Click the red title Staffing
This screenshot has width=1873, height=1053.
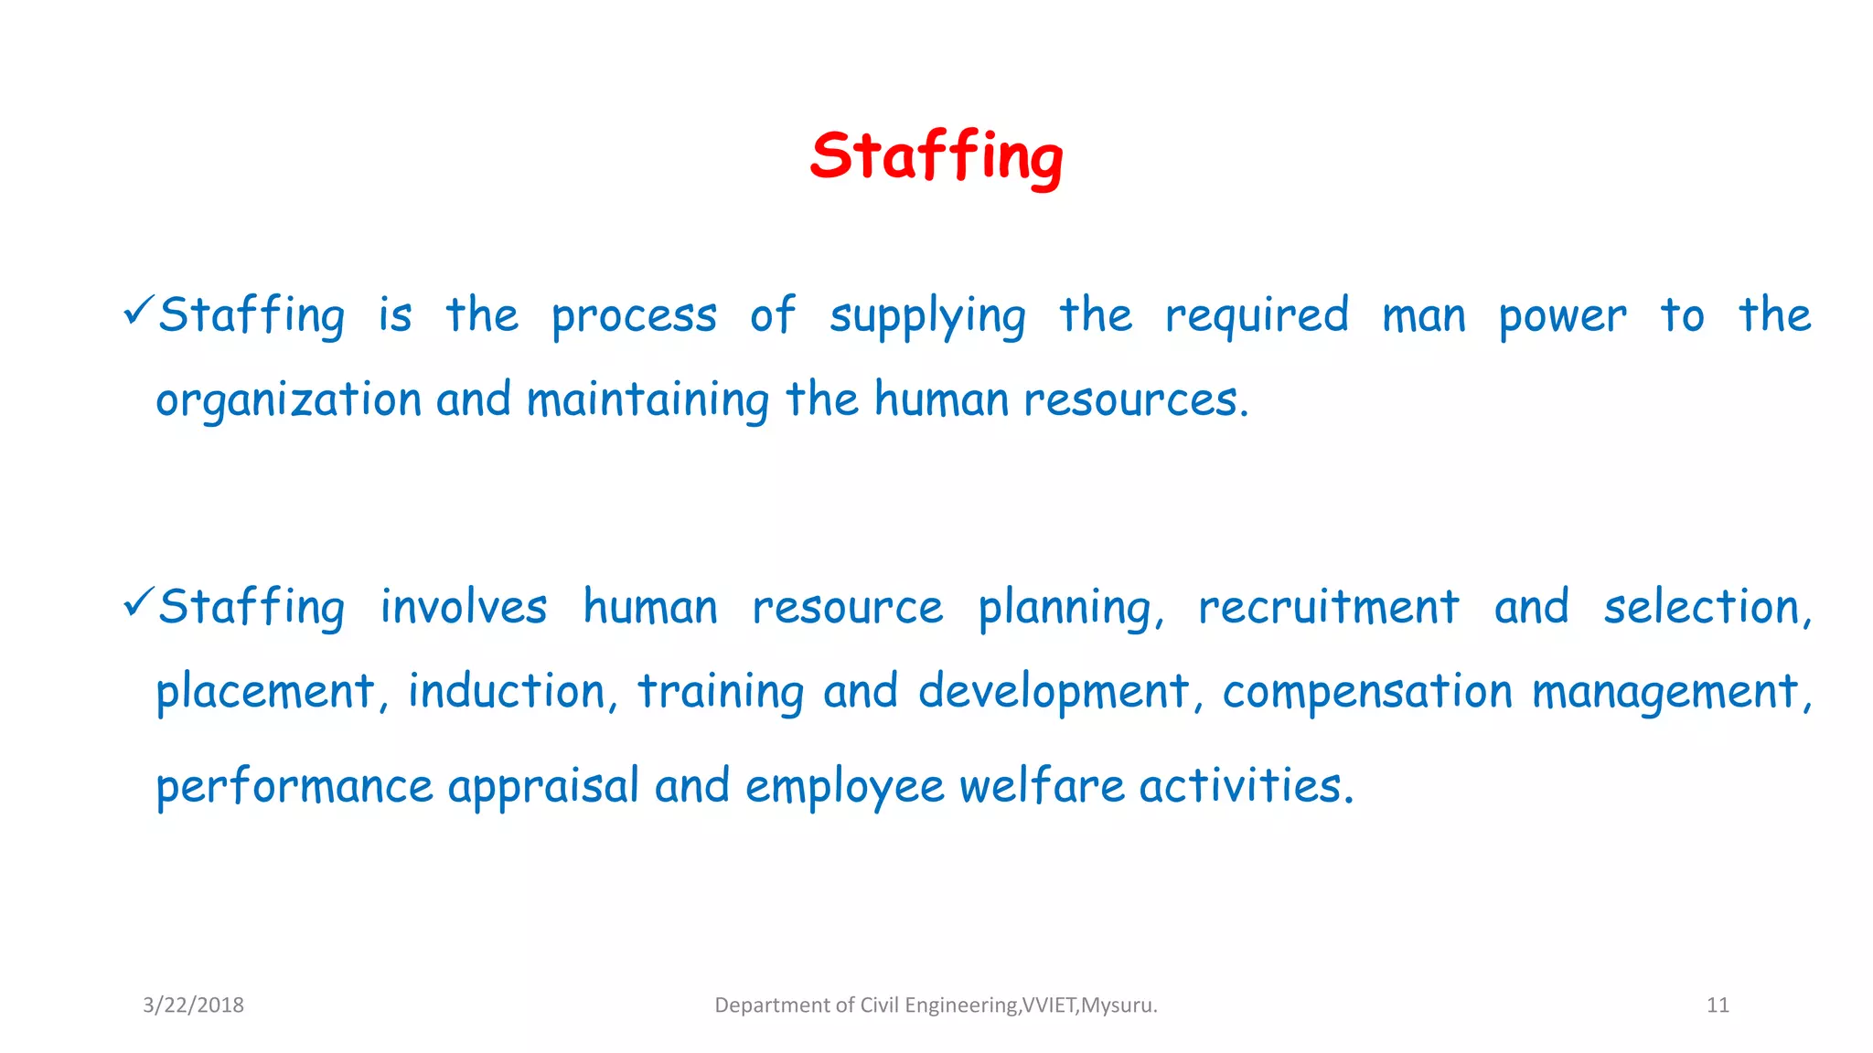click(x=936, y=157)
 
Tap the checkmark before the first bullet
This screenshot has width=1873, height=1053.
click(x=139, y=312)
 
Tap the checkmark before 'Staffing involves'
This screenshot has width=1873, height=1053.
click(x=139, y=603)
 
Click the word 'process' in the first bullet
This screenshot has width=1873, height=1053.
click(x=634, y=317)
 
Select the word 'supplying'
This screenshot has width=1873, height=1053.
click(x=927, y=317)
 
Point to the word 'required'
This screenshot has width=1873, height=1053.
click(x=1257, y=317)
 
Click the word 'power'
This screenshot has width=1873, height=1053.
click(x=1562, y=317)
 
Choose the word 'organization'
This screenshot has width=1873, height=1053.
click(x=288, y=401)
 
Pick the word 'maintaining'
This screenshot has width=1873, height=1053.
click(x=648, y=401)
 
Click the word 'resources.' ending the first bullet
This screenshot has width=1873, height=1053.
click(x=1136, y=401)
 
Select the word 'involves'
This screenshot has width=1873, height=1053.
click(x=464, y=608)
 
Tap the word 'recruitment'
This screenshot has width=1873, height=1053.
click(x=1328, y=608)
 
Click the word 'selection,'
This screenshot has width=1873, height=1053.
click(x=1707, y=608)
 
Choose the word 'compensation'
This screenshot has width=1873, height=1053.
click(x=1367, y=692)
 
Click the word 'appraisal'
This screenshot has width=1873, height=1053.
click(x=543, y=787)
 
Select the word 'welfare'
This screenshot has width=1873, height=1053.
click(x=1042, y=787)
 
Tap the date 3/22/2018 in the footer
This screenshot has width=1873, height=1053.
click(x=193, y=1005)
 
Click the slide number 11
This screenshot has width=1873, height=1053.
click(x=1718, y=1005)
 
